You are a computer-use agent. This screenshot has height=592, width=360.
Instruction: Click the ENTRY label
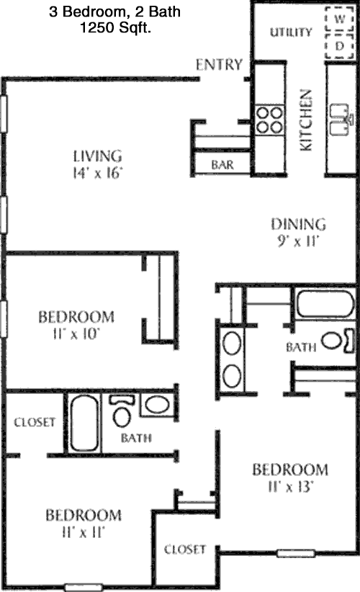pyautogui.click(x=219, y=65)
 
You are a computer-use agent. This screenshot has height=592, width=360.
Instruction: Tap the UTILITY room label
pyautogui.click(x=291, y=32)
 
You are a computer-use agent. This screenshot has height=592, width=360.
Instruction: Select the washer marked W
pyautogui.click(x=340, y=19)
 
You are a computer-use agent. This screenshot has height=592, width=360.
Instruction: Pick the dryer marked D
pyautogui.click(x=340, y=46)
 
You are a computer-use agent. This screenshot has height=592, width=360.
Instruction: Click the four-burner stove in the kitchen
pyautogui.click(x=269, y=120)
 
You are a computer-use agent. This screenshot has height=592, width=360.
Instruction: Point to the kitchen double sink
pyautogui.click(x=341, y=120)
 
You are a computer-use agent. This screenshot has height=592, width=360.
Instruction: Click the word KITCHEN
pyautogui.click(x=306, y=120)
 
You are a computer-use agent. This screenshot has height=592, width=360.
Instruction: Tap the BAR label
pyautogui.click(x=222, y=165)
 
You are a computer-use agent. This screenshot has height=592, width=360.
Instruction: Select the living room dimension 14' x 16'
pyautogui.click(x=98, y=173)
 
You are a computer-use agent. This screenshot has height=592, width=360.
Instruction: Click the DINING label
pyautogui.click(x=298, y=224)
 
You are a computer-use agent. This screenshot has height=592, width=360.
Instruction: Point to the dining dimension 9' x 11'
pyautogui.click(x=298, y=241)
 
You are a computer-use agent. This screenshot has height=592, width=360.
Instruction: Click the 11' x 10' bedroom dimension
pyautogui.click(x=76, y=333)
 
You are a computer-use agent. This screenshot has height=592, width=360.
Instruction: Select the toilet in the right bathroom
pyautogui.click(x=338, y=341)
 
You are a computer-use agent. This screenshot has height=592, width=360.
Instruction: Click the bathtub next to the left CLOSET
pyautogui.click(x=84, y=423)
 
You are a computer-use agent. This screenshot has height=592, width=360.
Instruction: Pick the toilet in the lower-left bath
pyautogui.click(x=122, y=411)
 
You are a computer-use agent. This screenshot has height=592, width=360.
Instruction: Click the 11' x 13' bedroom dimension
pyautogui.click(x=291, y=487)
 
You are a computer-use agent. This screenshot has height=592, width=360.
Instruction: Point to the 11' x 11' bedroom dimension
pyautogui.click(x=83, y=532)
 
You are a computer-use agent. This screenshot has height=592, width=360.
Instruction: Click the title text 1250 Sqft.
pyautogui.click(x=115, y=27)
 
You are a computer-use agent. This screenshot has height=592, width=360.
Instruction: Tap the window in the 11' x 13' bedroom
pyautogui.click(x=296, y=554)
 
